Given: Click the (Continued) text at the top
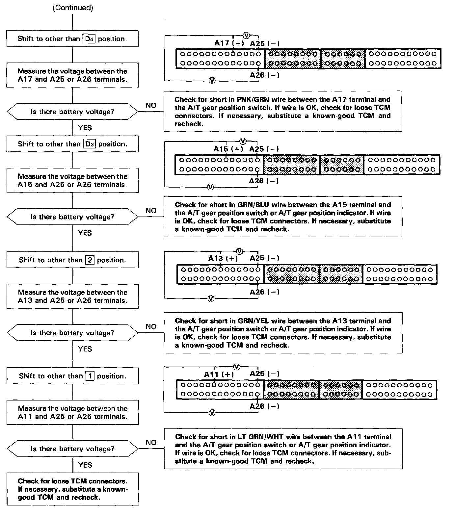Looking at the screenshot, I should point(73,8).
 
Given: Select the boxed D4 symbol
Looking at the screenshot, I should point(89,39).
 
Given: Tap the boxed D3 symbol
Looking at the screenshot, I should point(90,144).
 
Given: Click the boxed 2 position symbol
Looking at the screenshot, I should point(90,260).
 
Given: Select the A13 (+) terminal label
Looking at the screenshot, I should point(223,258).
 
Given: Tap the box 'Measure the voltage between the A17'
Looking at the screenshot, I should point(72,75).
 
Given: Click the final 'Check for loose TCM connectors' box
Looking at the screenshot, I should point(73,489).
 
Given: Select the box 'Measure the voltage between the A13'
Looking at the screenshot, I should point(72,297).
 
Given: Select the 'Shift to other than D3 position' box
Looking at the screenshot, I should point(72,144).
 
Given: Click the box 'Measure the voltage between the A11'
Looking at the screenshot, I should point(72,412).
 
